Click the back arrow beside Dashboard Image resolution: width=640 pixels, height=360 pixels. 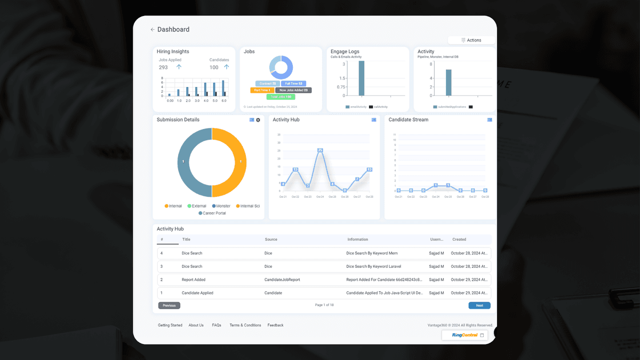tap(153, 30)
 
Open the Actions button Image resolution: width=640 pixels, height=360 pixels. tap(471, 40)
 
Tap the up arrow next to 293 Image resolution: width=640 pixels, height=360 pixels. tap(179, 67)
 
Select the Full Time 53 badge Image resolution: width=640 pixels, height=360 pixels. tap(293, 84)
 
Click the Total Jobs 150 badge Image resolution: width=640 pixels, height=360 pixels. tap(281, 97)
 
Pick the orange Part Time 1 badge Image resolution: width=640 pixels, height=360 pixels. tap(262, 90)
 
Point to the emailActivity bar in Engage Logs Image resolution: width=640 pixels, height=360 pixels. tap(361, 78)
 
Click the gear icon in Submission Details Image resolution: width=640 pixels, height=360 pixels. tap(258, 120)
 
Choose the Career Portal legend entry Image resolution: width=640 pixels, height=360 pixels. tap(212, 213)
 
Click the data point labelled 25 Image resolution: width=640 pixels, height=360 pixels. tap(320, 150)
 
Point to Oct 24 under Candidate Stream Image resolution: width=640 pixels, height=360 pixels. tap(436, 197)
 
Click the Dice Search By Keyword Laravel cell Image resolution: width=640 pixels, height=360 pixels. tap(372, 266)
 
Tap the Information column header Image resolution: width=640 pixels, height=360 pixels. tap(358, 239)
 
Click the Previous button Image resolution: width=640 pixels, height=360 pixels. tap(169, 306)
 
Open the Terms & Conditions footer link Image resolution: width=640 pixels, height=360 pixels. tap(245, 325)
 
